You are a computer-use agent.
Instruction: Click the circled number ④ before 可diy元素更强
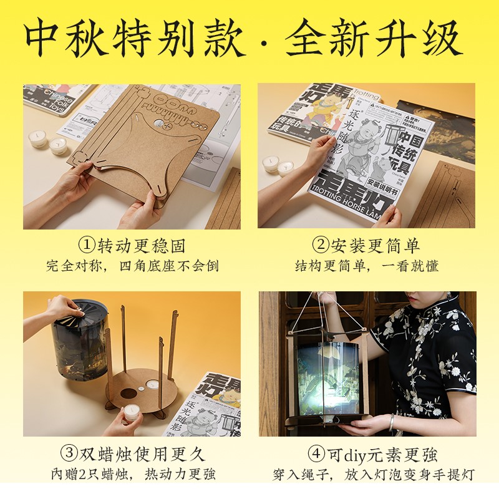[x=315, y=453]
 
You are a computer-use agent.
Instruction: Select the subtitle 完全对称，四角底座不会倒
[x=132, y=266]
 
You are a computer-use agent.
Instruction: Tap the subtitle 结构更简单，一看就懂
[x=367, y=266]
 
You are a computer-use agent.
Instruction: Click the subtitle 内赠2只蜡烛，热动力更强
[x=132, y=474]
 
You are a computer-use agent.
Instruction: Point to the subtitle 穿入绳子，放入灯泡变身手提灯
[x=367, y=474]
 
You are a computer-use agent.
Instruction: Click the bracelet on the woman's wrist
[x=392, y=422]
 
